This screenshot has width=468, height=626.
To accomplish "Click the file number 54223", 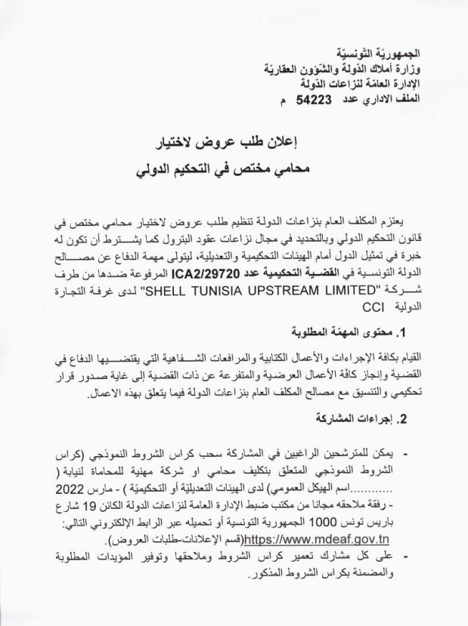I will pos(318,98).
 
